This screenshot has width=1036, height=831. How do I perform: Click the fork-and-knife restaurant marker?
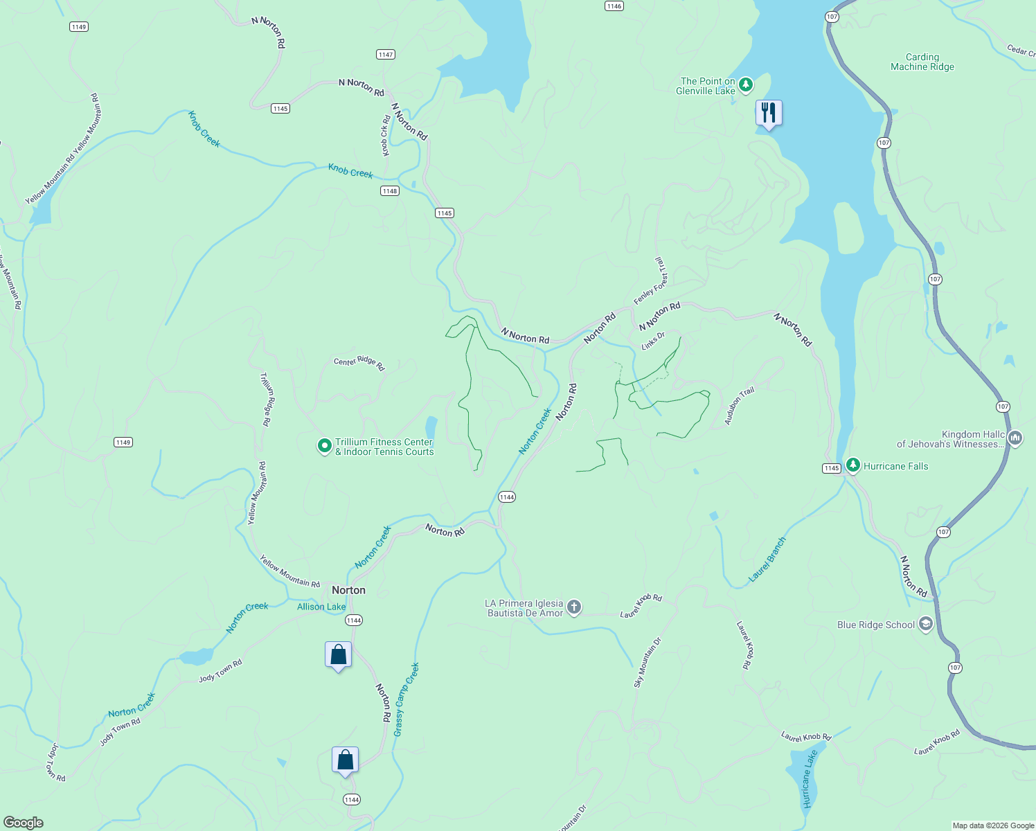(769, 113)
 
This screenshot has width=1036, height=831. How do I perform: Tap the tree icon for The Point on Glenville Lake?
(745, 85)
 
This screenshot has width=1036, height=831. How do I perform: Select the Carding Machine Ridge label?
(922, 62)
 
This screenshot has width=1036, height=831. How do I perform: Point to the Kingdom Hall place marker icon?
(1015, 438)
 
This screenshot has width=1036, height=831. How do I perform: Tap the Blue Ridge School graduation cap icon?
(925, 624)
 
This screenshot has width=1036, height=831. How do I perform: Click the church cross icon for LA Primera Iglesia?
(573, 607)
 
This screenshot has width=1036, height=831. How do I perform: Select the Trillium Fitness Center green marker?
(324, 446)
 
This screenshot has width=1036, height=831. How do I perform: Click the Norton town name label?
(348, 590)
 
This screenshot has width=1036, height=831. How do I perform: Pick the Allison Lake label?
(321, 607)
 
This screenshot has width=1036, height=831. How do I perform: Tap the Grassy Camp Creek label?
(406, 699)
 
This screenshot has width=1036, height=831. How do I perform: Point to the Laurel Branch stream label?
(767, 560)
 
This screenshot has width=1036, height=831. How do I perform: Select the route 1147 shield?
(386, 55)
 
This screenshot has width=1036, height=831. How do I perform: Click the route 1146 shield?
(614, 6)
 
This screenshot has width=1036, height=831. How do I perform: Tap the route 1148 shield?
(390, 191)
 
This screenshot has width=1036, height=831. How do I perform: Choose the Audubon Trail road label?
(739, 406)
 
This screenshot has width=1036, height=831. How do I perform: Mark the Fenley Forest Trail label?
(650, 281)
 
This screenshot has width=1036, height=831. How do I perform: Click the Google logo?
(24, 822)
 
